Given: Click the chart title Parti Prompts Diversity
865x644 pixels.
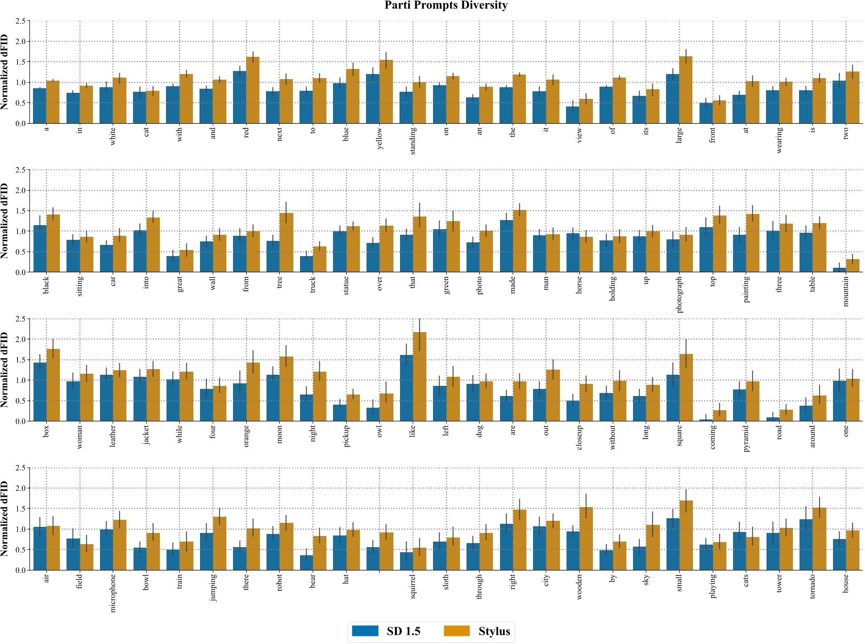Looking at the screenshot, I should [446, 6].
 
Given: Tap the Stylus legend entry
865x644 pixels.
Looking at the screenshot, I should [477, 631].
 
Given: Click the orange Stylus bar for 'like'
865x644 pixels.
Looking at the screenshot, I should [419, 377].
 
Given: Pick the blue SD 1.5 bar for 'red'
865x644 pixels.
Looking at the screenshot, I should [240, 97].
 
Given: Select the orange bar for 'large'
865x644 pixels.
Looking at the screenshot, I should [686, 90].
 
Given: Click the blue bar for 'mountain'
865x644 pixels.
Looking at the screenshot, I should [839, 270].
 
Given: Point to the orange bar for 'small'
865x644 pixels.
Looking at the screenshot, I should [686, 535].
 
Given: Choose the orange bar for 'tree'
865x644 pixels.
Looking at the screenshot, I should [286, 243].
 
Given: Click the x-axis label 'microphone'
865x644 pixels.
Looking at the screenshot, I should [113, 592].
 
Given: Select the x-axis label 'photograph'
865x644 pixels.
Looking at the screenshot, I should [679, 294].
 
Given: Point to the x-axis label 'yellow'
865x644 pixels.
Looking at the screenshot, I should [380, 138].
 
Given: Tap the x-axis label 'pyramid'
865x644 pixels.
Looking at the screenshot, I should [746, 439].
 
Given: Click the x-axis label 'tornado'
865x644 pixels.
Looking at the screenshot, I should [812, 586].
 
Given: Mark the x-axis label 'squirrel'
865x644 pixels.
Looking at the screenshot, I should [413, 586].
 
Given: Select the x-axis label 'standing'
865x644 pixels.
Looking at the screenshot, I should [413, 141].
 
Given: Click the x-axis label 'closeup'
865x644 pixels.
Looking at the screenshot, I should [579, 438].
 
